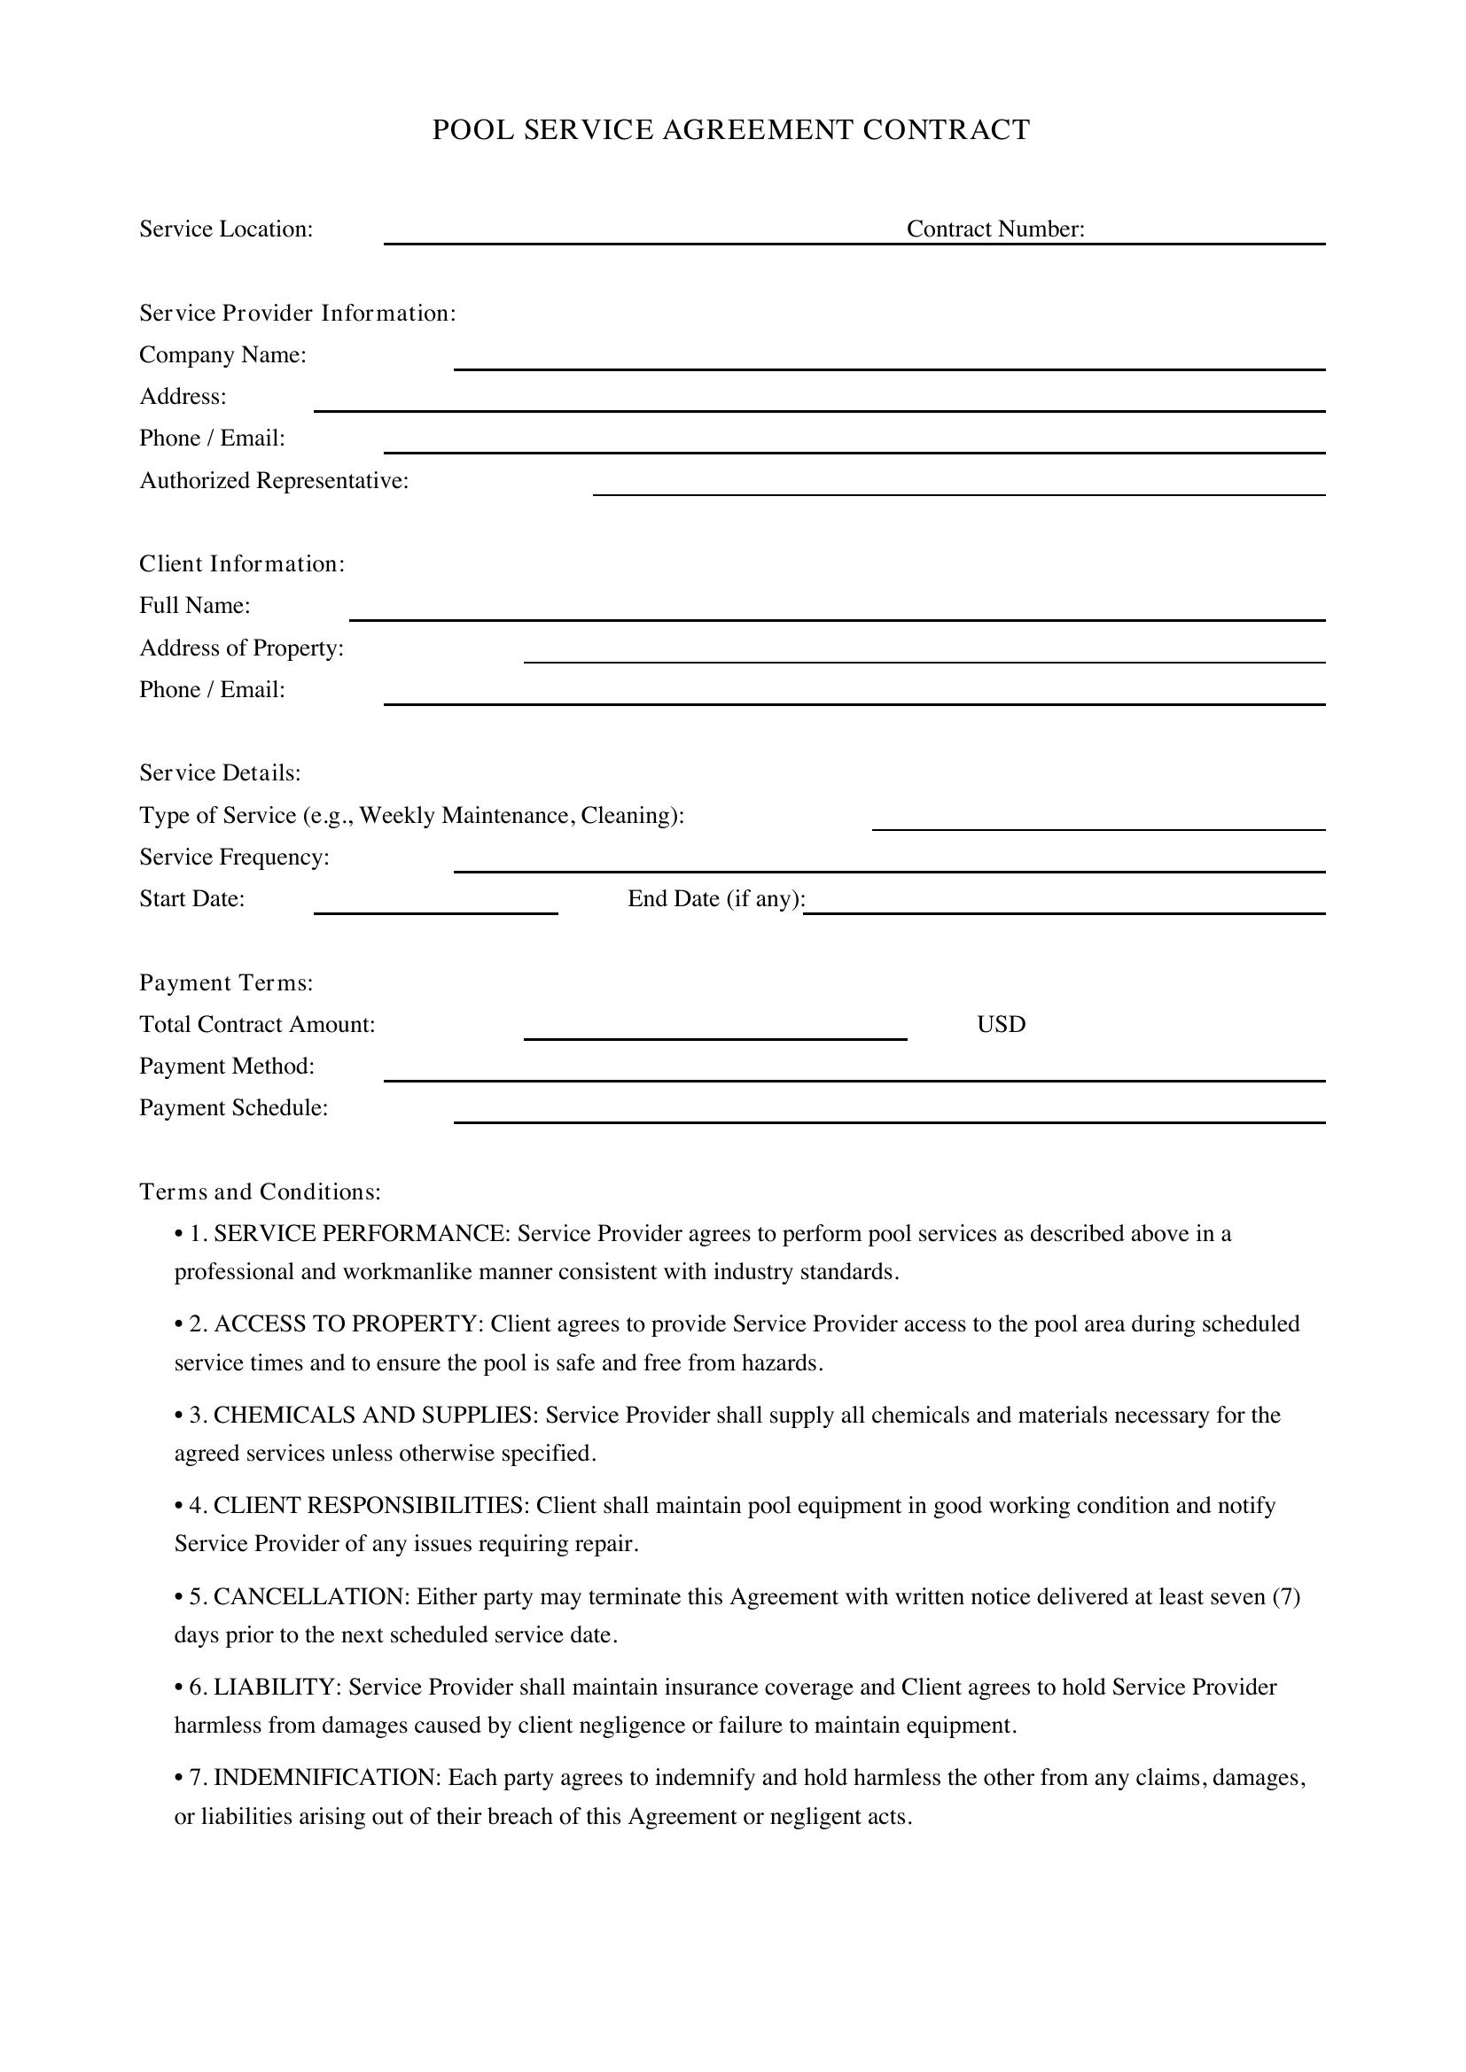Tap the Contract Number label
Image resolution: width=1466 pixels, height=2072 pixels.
994,229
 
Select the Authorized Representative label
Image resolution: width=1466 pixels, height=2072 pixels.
274,481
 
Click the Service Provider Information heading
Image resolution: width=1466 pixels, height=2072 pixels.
297,313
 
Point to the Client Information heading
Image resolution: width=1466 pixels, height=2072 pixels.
242,564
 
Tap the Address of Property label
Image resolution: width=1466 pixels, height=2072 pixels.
241,648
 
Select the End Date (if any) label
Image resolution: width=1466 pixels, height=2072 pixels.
716,899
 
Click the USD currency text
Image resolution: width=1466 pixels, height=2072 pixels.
1000,1024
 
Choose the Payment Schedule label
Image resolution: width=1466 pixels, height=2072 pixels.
233,1108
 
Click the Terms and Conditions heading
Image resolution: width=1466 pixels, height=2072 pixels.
260,1192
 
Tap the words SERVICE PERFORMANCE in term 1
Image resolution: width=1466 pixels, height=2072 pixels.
359,1234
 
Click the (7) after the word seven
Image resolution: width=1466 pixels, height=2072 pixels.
1285,1596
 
